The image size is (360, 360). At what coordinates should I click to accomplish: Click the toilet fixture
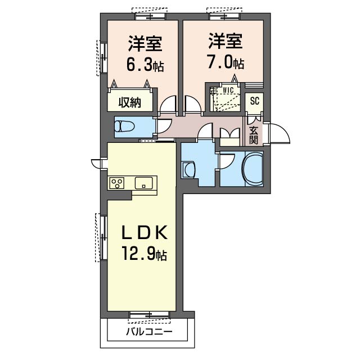[124, 127]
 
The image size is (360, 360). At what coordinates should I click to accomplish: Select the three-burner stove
[117, 183]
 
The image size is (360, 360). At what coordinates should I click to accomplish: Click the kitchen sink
[144, 183]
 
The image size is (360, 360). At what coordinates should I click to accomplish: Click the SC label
[255, 101]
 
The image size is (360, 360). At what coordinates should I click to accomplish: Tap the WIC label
[228, 90]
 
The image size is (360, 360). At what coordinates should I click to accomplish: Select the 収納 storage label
[130, 102]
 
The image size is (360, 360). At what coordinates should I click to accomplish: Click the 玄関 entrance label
[253, 135]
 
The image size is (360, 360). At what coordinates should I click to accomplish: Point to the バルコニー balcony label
[149, 331]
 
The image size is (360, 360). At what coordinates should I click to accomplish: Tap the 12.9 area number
[138, 253]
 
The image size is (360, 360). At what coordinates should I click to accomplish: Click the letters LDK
[144, 232]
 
